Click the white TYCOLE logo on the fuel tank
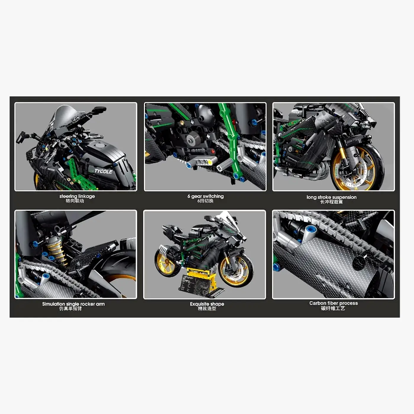[103, 171]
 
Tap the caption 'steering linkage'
[77, 196]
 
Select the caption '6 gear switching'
[206, 196]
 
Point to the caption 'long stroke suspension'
[331, 197]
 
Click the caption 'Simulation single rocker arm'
[73, 304]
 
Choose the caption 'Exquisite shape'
[207, 304]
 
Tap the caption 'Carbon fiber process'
[334, 303]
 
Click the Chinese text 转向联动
[75, 201]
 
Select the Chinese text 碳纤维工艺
[333, 308]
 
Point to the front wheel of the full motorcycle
[236, 270]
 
